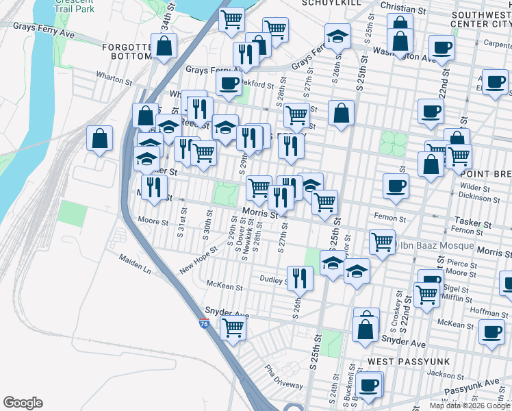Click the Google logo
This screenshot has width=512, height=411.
(23, 403)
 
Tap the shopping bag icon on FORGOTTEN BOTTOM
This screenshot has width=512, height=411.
(164, 47)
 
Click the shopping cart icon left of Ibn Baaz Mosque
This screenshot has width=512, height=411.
(382, 240)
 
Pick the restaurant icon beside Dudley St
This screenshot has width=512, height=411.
(299, 277)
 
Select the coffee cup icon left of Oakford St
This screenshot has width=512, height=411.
(229, 84)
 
